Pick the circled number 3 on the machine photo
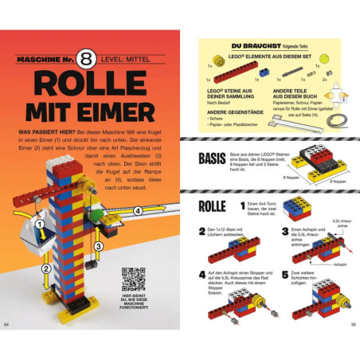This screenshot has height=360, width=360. pos(98,247)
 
